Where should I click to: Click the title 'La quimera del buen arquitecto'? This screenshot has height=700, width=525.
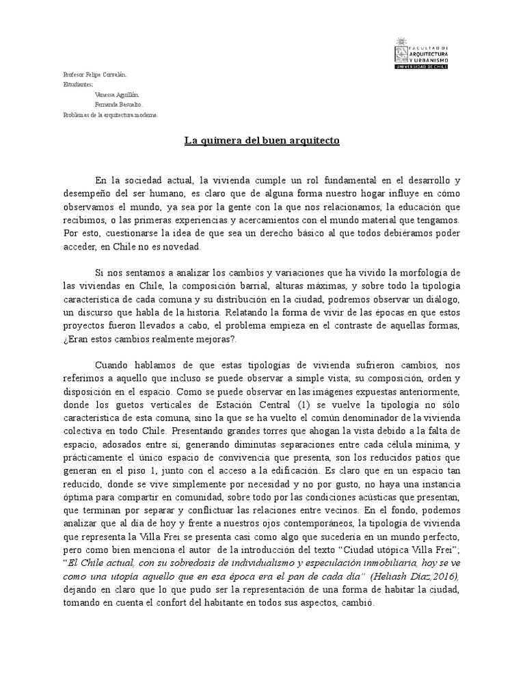click(x=262, y=142)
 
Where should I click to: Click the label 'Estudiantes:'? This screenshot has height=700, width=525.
click(x=78, y=84)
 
